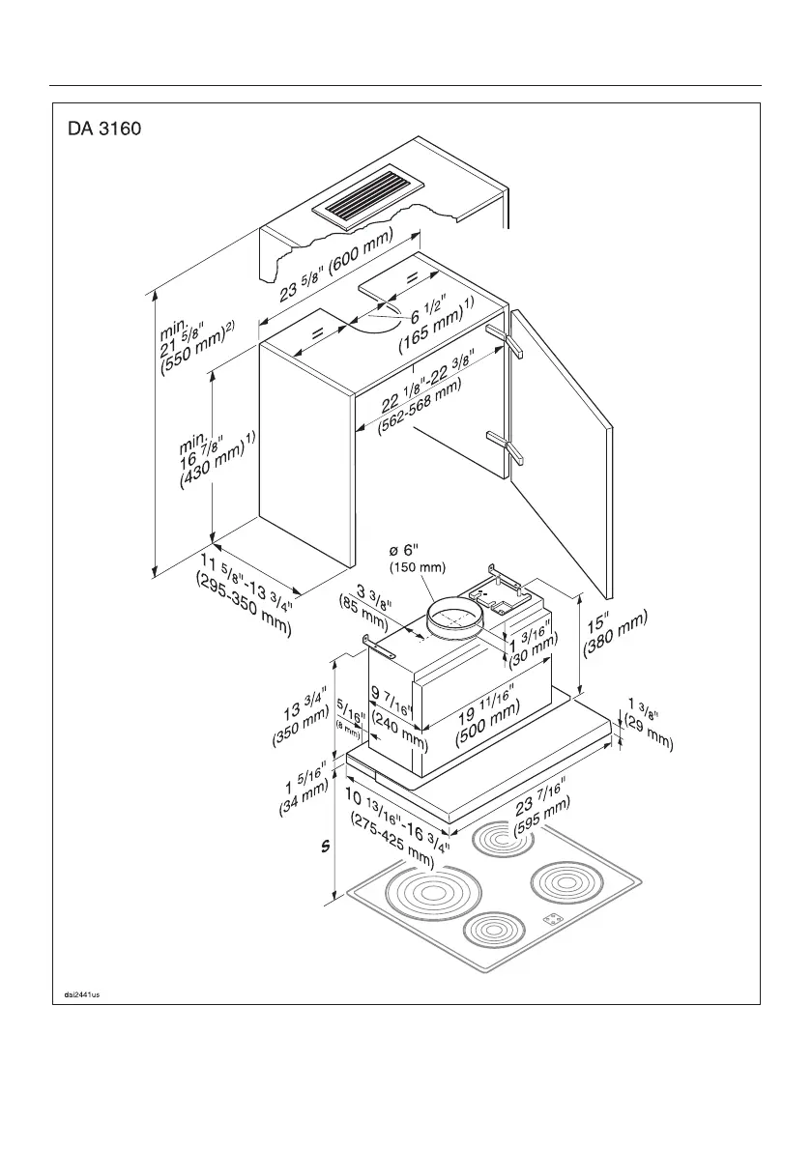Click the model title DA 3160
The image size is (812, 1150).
(x=106, y=129)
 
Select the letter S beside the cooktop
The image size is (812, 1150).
(x=326, y=847)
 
